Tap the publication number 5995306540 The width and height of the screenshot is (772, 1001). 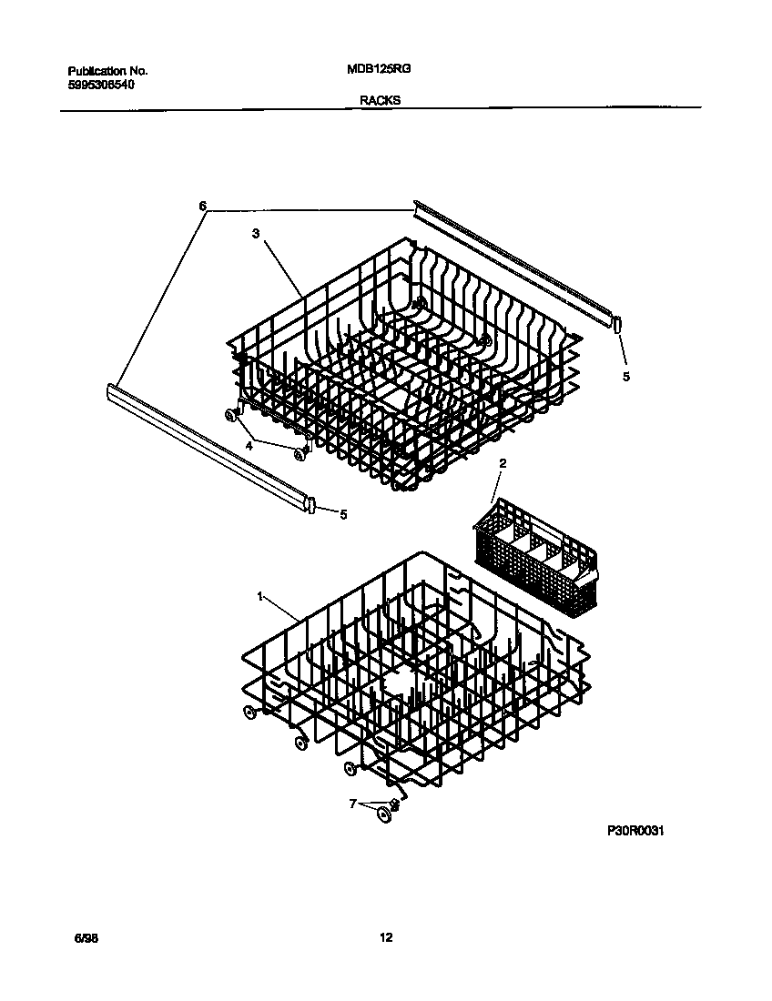click(x=102, y=85)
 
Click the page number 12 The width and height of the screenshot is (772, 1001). click(x=387, y=938)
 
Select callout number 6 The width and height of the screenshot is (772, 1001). click(x=203, y=206)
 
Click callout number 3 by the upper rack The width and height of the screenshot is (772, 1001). click(x=257, y=233)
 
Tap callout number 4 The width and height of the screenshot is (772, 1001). click(x=248, y=445)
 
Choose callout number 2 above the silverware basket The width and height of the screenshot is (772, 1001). click(x=502, y=463)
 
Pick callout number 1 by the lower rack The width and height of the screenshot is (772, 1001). click(x=260, y=597)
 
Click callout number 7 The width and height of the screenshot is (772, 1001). click(x=353, y=804)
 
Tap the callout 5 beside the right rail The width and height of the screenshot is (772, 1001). click(x=625, y=375)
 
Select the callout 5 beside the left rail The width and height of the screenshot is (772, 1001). click(x=342, y=514)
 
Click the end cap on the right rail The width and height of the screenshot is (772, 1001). click(x=617, y=323)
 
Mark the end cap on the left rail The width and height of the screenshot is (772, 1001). click(x=311, y=504)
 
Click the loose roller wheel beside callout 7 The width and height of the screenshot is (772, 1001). click(x=384, y=814)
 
